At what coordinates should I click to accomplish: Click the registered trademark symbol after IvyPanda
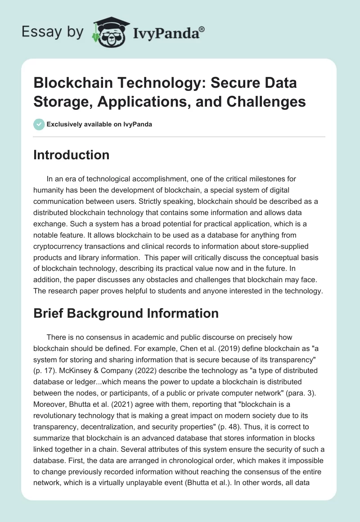[x=202, y=28]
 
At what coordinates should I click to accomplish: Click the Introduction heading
[x=71, y=155]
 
